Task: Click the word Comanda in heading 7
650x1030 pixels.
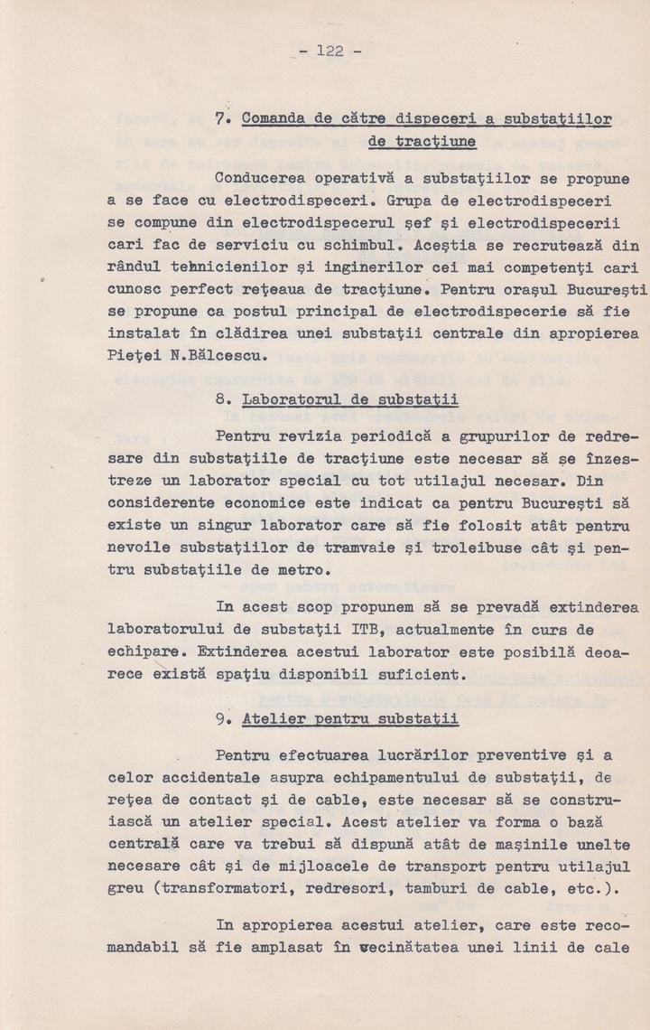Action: tap(267, 117)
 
